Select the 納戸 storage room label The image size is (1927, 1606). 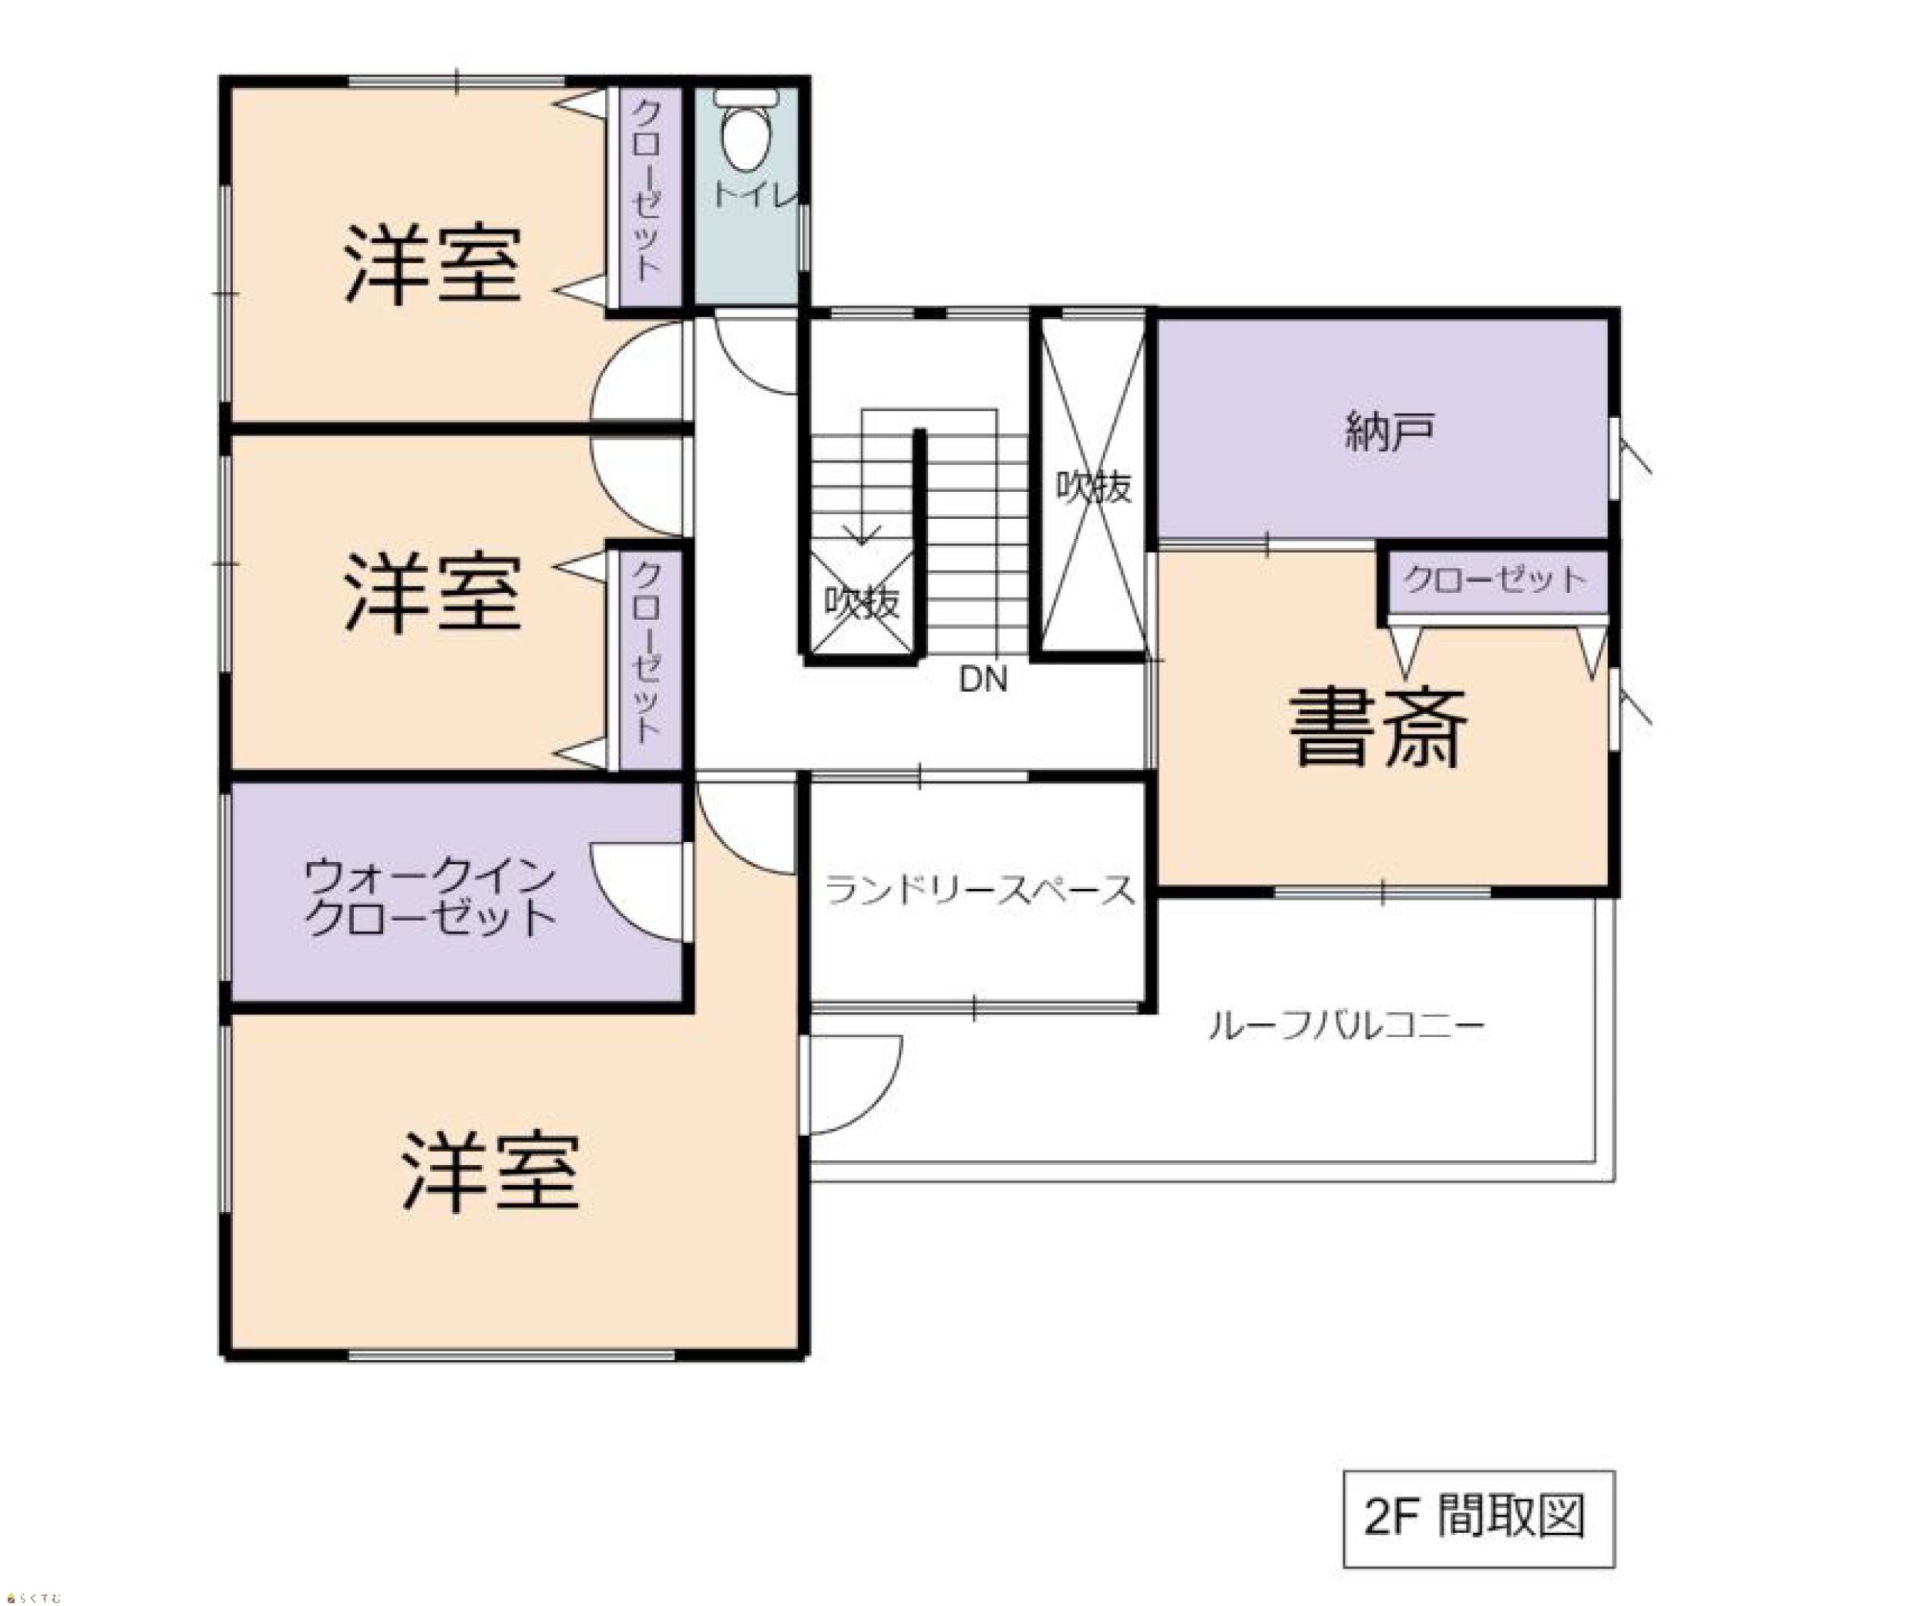[x=1389, y=431]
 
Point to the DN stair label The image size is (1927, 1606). [x=983, y=679]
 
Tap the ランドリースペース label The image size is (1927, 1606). [x=980, y=889]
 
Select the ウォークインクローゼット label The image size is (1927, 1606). [x=429, y=897]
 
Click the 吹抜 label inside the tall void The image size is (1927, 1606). [x=1093, y=487]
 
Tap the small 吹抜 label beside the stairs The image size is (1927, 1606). [x=861, y=602]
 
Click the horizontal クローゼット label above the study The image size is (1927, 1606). [x=1495, y=579]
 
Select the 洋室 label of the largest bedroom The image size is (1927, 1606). [x=491, y=1172]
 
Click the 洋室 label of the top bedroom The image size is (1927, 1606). [x=433, y=264]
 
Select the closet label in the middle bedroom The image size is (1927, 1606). [x=646, y=651]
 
